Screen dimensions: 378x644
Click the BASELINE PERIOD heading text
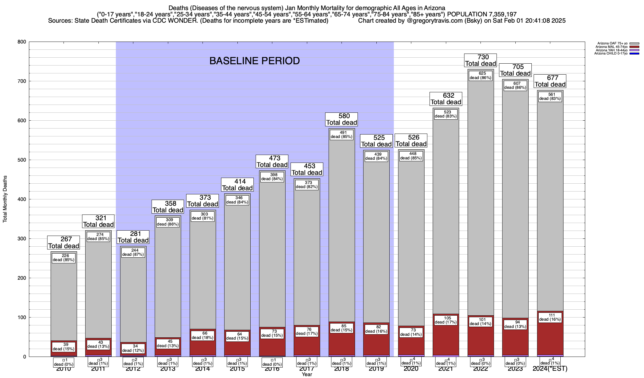click(x=254, y=61)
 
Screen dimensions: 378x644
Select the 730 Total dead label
click(x=480, y=60)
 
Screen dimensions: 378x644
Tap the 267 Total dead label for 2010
click(x=64, y=243)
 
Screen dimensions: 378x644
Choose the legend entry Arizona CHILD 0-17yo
click(x=611, y=54)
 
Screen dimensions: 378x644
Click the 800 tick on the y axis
click(x=22, y=42)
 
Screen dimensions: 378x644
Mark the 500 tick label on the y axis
click(x=22, y=160)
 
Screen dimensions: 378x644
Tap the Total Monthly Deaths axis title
click(x=5, y=199)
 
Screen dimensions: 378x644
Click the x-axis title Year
click(x=307, y=375)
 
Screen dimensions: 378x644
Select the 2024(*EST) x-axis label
click(x=550, y=369)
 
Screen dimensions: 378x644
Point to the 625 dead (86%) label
click(x=480, y=76)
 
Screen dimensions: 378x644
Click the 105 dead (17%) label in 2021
click(x=446, y=320)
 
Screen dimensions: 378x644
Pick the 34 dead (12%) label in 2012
click(x=133, y=348)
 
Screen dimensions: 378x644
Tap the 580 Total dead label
click(x=341, y=119)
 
